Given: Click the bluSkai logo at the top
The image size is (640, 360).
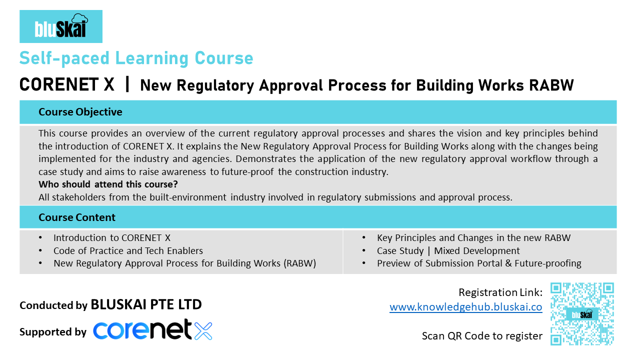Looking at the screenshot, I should (x=61, y=26).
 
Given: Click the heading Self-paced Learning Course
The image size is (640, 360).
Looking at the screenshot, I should (x=136, y=58).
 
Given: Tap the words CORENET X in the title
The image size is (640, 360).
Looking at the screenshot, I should (x=67, y=85).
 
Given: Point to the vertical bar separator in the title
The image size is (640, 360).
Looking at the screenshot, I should (x=127, y=84).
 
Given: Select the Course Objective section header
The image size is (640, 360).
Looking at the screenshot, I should (x=80, y=112).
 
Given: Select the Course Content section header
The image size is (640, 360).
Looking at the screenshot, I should (x=77, y=217).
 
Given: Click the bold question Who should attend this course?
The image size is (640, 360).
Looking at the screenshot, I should (x=108, y=184).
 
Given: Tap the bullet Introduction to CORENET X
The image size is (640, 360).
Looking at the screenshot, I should (x=112, y=238).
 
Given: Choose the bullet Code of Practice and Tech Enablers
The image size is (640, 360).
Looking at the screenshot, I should (x=128, y=251).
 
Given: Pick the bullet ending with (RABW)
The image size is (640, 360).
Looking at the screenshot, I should (x=184, y=263).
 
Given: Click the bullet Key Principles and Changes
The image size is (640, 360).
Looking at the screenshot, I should (x=473, y=238).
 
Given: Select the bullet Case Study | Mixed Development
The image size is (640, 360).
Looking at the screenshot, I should (x=448, y=251).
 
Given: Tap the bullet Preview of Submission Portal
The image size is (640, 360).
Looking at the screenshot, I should (x=479, y=263).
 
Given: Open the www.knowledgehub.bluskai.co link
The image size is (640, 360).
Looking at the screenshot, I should (x=465, y=307).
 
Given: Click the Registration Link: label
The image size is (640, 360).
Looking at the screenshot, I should (x=500, y=292).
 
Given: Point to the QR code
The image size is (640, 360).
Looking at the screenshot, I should (x=582, y=314).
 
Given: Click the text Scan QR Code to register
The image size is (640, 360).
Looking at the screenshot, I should (x=482, y=336).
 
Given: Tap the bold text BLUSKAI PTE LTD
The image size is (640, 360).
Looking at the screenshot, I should (x=146, y=304).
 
